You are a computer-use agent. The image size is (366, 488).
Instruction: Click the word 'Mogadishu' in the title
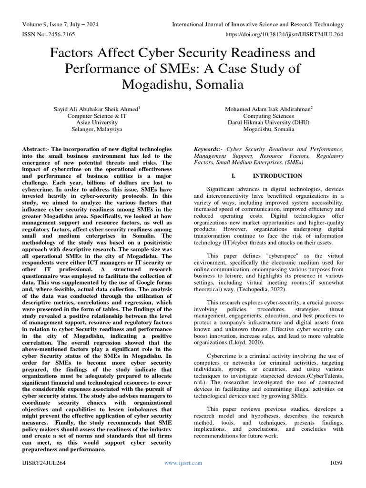[155, 85]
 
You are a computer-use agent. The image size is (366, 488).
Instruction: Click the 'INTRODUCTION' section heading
[271, 175]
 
